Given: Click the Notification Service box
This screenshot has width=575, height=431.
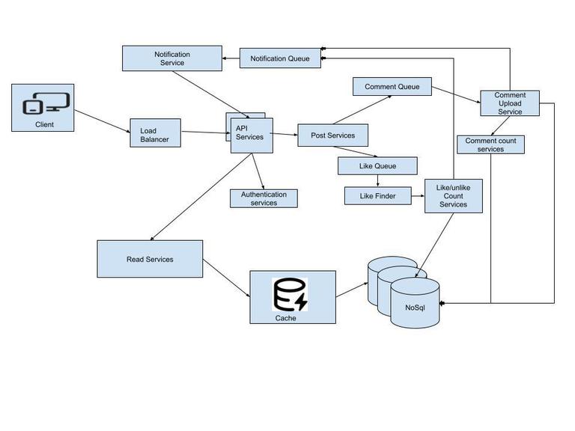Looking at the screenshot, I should click(x=172, y=58).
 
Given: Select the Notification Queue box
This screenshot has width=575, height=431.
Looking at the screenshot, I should click(x=280, y=58).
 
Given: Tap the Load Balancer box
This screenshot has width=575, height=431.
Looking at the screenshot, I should click(x=155, y=132).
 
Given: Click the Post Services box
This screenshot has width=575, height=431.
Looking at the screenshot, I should click(x=332, y=135).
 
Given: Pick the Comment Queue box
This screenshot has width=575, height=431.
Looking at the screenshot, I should click(x=392, y=87).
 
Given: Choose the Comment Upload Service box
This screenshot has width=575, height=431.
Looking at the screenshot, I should click(x=510, y=103).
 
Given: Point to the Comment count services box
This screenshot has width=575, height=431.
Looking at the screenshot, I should click(x=490, y=145).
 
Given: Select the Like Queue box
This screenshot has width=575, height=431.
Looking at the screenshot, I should click(x=377, y=165).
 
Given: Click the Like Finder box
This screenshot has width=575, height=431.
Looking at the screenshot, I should click(x=377, y=196).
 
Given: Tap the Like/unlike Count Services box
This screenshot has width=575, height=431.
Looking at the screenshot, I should click(x=453, y=196).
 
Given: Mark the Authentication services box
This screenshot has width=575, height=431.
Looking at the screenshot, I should click(x=264, y=198).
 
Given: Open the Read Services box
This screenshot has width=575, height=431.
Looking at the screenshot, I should click(x=150, y=259).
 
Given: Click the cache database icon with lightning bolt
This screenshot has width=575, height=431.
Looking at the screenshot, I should click(x=290, y=294).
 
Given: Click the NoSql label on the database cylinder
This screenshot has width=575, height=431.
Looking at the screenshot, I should click(x=415, y=308).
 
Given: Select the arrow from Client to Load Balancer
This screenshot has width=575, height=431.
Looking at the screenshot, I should click(x=102, y=122).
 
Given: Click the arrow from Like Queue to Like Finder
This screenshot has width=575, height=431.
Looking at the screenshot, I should click(x=377, y=181).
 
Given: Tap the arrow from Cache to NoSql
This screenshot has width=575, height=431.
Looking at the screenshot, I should click(x=352, y=290).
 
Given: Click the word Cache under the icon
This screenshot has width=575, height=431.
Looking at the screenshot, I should click(x=285, y=318).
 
